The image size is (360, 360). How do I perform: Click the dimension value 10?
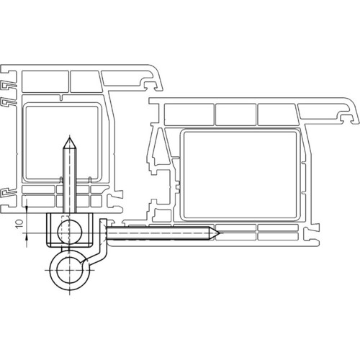click(x=19, y=224)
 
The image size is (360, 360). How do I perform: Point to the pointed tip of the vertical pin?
click(x=70, y=138)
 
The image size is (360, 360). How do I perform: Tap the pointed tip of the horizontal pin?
click(x=219, y=233)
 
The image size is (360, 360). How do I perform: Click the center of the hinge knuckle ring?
click(x=70, y=270)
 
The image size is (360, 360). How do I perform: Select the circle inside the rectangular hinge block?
click(x=70, y=232)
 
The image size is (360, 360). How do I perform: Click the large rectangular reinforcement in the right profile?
click(x=240, y=174)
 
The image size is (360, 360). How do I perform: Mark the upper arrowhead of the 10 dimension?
click(x=27, y=209)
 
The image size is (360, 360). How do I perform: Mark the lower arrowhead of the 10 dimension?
click(x=27, y=238)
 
